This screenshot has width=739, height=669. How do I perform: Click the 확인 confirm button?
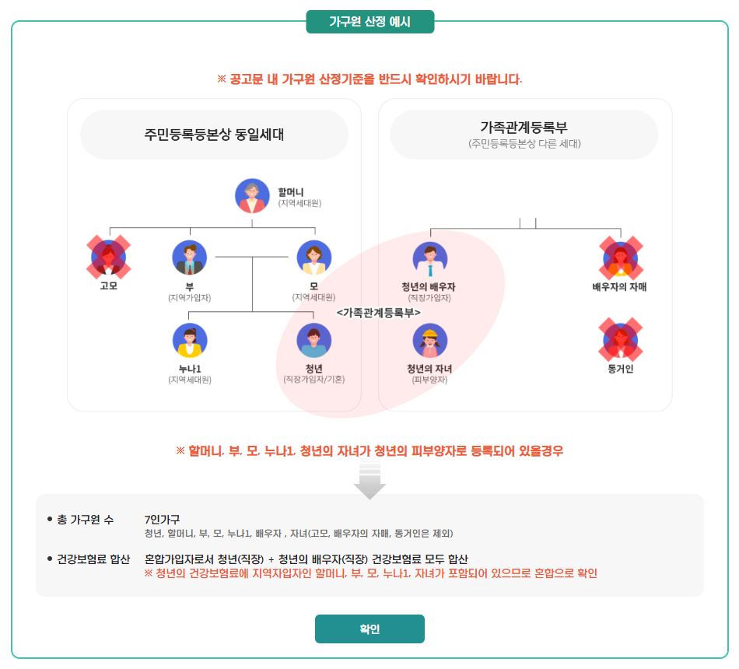369,629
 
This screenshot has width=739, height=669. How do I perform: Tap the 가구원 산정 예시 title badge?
369,22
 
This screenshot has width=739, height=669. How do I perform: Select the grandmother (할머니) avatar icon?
252,196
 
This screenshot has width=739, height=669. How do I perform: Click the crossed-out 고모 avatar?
109,257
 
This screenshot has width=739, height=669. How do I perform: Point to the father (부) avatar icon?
190,258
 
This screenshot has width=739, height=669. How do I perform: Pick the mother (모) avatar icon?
314,258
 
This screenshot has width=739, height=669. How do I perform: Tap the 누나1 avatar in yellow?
190,340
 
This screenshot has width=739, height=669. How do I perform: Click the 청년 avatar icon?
314,340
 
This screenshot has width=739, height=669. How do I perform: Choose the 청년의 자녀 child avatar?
430,340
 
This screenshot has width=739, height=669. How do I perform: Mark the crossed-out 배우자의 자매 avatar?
620,257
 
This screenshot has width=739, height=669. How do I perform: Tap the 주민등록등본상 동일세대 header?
214,134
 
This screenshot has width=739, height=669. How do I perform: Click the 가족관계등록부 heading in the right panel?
524,128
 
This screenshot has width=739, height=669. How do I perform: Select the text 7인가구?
163,519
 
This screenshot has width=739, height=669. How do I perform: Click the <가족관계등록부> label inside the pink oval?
379,311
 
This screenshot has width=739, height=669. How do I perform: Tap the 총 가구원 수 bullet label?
85,519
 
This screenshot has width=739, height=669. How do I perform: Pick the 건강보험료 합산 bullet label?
93,559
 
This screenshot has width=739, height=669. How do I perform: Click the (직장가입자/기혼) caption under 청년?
314,380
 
